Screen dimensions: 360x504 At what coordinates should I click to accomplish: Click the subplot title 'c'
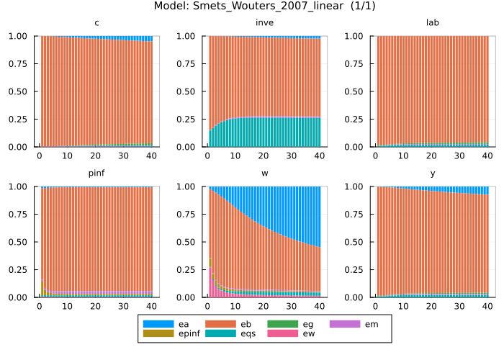96,23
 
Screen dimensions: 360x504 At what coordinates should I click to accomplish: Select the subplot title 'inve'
264,23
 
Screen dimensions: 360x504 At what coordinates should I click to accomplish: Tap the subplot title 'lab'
433,23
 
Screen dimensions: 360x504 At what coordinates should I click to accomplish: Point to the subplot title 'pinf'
96,174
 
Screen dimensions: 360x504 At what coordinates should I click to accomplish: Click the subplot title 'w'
264,174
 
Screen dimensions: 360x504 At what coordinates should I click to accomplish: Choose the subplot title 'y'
433,174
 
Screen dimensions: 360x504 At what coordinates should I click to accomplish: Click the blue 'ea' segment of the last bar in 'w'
319,216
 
